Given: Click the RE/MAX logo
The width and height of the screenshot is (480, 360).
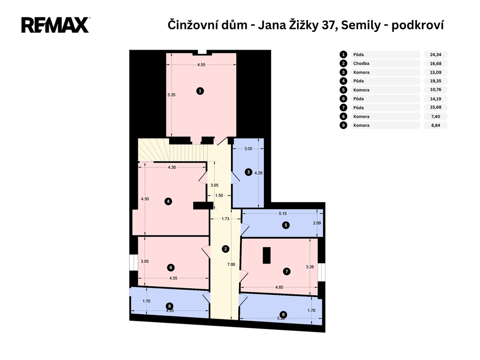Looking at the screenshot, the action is (x=55, y=25).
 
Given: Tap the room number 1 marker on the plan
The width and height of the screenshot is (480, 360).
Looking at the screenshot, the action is (x=200, y=91).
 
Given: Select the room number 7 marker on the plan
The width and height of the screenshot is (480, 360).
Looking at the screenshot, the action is (x=286, y=271).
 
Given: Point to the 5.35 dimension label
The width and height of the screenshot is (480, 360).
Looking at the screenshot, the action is (x=172, y=95).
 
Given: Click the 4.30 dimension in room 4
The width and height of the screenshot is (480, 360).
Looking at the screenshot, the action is (x=172, y=167).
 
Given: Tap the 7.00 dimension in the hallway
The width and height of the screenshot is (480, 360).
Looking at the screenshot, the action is (x=231, y=264).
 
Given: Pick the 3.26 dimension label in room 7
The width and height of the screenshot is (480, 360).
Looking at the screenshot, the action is (x=310, y=267).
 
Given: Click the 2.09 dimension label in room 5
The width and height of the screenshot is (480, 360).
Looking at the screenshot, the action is (x=317, y=223).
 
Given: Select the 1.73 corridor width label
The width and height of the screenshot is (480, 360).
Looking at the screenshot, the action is (x=225, y=219).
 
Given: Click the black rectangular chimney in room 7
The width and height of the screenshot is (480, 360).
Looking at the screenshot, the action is (x=267, y=255).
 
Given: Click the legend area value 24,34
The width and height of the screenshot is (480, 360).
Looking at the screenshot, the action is (x=435, y=55).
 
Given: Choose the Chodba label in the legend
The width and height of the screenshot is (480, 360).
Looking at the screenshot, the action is (x=361, y=64).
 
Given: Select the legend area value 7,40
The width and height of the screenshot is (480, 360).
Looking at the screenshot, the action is (x=435, y=117).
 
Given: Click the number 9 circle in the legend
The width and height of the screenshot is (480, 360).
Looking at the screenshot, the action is (x=344, y=125).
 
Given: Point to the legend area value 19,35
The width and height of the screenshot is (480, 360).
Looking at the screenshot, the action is (x=435, y=81).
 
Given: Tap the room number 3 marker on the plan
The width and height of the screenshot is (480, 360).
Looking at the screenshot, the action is (x=248, y=172).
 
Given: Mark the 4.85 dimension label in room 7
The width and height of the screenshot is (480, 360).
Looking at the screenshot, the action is (x=279, y=287).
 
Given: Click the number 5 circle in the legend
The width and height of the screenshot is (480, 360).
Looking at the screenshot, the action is (x=344, y=90).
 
